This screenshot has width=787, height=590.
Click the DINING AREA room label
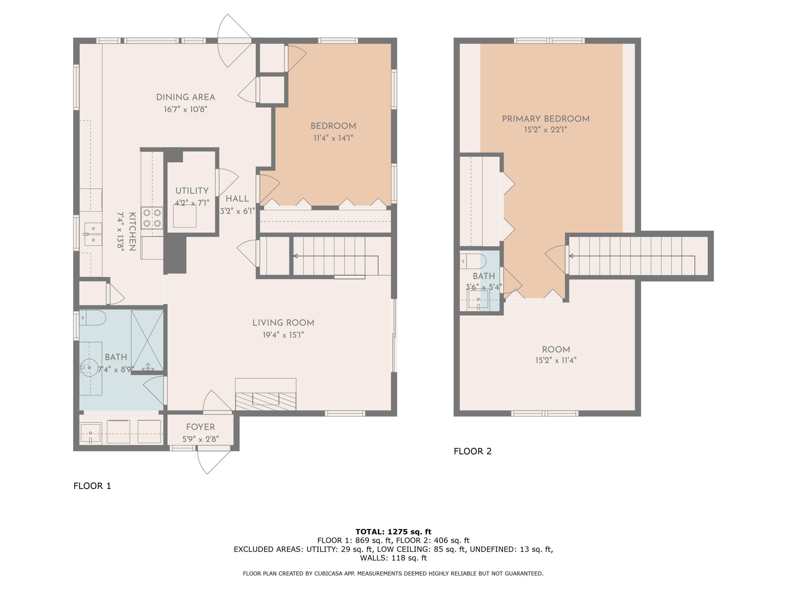tap(185, 97)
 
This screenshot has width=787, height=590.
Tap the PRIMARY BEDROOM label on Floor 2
tap(545, 119)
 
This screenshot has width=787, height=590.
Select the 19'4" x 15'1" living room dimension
tap(283, 335)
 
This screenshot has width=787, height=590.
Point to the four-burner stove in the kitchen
tap(152, 218)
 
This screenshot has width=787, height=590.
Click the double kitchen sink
tap(93, 234)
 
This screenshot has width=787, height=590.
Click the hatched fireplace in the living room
tap(265, 401)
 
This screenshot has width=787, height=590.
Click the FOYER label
tap(200, 427)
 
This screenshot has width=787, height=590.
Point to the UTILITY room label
tap(192, 191)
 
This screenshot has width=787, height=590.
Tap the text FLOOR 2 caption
tap(472, 451)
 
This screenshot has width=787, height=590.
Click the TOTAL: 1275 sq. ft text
tap(393, 532)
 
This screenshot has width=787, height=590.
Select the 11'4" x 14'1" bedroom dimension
tap(333, 138)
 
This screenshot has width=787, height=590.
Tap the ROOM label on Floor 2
tap(556, 350)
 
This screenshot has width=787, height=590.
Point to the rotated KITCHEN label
tap(132, 232)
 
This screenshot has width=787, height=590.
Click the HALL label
tap(237, 199)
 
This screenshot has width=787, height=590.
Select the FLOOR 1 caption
tap(92, 486)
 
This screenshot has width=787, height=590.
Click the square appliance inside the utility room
tap(185, 216)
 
